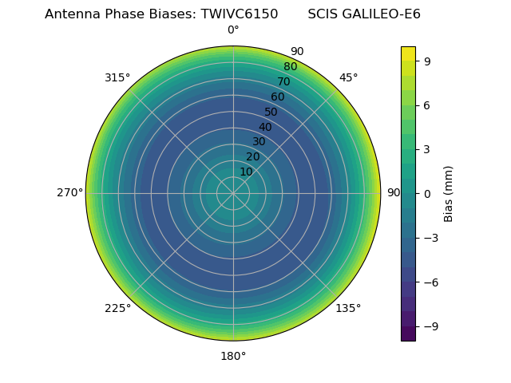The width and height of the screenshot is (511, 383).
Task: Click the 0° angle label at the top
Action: click(x=233, y=30)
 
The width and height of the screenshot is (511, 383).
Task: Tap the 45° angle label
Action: click(x=348, y=77)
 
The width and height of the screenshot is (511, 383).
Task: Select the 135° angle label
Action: click(x=348, y=308)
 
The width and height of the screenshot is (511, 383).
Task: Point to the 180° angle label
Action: click(x=233, y=356)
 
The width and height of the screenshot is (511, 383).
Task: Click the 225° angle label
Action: click(x=117, y=308)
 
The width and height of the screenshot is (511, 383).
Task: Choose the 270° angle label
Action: click(x=70, y=193)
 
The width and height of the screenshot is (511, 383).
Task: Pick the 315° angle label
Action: click(x=117, y=77)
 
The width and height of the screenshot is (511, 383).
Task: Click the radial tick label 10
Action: click(x=246, y=172)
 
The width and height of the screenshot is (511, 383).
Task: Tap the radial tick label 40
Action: click(x=265, y=127)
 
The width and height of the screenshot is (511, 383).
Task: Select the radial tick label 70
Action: click(x=283, y=81)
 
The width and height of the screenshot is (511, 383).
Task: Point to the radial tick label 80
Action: click(x=290, y=66)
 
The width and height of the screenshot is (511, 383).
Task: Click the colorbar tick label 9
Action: click(x=428, y=60)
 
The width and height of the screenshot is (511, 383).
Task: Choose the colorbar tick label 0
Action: click(x=428, y=193)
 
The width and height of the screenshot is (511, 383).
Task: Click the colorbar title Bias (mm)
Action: click(x=449, y=193)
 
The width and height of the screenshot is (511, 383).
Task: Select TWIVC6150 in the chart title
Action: click(x=233, y=14)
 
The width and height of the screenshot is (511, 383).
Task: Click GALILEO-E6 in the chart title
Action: click(x=382, y=14)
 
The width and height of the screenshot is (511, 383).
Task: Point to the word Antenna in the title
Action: click(x=70, y=14)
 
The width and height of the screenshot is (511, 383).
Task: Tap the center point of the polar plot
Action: click(x=233, y=193)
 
